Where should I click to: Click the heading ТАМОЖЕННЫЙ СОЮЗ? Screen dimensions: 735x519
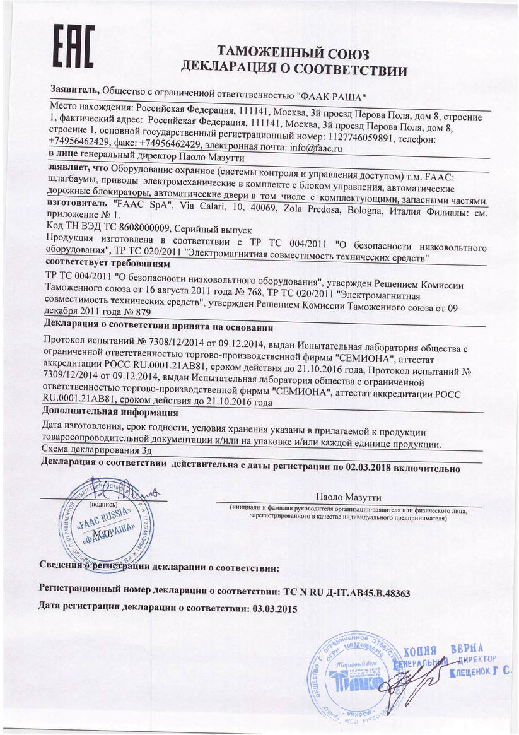pos(293,52)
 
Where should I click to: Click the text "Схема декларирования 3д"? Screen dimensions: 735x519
pos(96,450)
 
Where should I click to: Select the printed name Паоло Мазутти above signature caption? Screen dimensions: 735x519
pos(348,497)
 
